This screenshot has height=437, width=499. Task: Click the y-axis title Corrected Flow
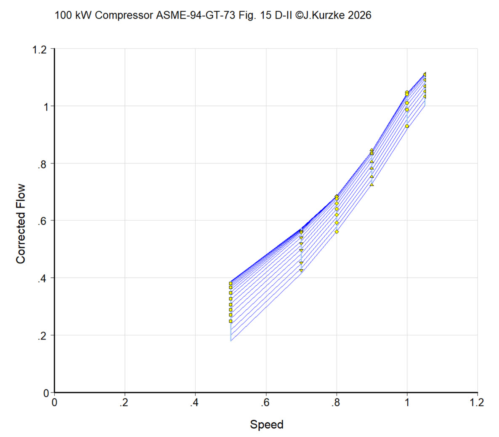tap(21, 224)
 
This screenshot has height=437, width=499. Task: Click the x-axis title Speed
tap(267, 425)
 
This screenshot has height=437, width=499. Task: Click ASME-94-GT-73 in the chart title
tap(196, 15)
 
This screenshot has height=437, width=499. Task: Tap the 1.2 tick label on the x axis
tap(477, 403)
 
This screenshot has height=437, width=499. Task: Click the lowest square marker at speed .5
tap(231, 321)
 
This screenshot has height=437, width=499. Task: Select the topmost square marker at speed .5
tap(231, 284)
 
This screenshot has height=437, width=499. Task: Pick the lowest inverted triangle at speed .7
tap(301, 271)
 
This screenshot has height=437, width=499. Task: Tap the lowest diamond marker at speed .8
tap(337, 232)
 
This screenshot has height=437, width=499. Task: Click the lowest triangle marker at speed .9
tap(372, 184)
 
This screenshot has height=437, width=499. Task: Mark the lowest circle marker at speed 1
tap(407, 126)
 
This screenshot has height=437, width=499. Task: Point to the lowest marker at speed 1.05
tap(425, 96)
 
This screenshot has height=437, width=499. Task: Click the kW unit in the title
tap(84, 15)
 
